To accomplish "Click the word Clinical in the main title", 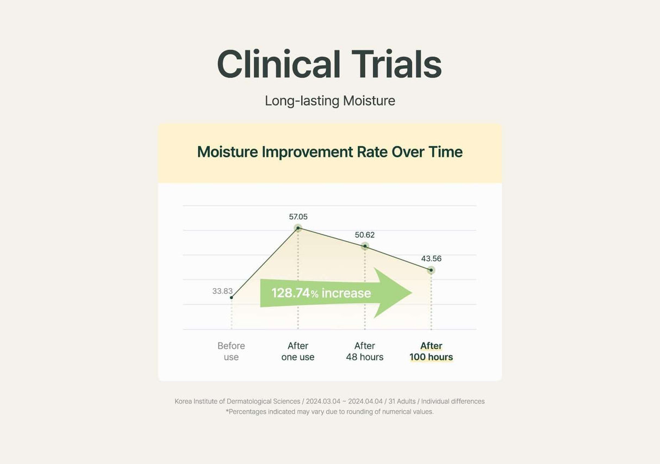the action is click(x=279, y=64).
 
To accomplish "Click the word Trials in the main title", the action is click(x=396, y=64).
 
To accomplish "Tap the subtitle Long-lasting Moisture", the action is click(x=330, y=101).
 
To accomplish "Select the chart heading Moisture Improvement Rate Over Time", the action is click(x=330, y=152).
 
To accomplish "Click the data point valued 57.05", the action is click(x=298, y=228).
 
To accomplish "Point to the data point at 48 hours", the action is click(x=365, y=246).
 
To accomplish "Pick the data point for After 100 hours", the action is click(x=431, y=270).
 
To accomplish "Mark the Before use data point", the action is click(x=232, y=298).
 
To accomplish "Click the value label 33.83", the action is click(x=222, y=291).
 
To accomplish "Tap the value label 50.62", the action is click(x=365, y=235).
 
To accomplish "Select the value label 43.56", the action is click(x=431, y=259).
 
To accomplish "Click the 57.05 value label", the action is click(x=298, y=217).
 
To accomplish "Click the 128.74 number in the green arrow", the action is click(x=290, y=293).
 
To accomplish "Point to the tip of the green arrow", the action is click(x=412, y=293).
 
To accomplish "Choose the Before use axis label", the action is click(x=231, y=351).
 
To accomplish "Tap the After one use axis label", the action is click(x=298, y=351).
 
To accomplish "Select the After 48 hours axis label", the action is click(x=365, y=351).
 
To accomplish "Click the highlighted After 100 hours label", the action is click(x=431, y=351).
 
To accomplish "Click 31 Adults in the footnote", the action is click(x=402, y=401).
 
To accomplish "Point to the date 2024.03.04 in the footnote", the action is click(x=323, y=401).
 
